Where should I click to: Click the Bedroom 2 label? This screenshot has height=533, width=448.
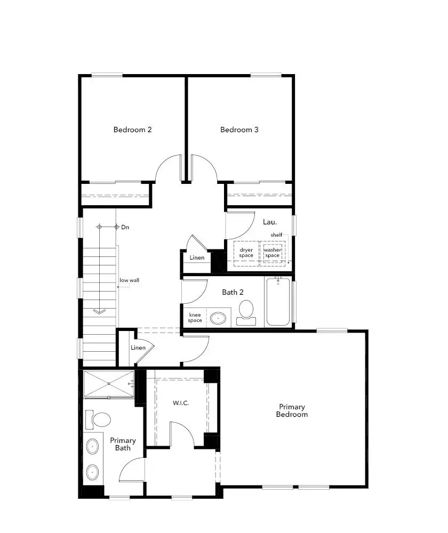point(133,130)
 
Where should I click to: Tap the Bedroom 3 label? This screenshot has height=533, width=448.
point(239,130)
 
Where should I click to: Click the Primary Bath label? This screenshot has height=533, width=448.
point(123,444)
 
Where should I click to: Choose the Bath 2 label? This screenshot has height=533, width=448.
point(233,292)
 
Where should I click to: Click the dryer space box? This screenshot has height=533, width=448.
point(246,253)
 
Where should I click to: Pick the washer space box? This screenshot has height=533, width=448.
point(273,253)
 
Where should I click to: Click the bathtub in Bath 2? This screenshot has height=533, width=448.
point(278,302)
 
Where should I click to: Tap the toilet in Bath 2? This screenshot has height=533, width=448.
point(246,311)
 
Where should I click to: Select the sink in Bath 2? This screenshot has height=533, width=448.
point(218,318)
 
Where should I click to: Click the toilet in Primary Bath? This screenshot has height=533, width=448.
point(98,419)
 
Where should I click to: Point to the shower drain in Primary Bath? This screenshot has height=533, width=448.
point(109,384)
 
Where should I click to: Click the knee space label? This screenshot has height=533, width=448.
point(195,318)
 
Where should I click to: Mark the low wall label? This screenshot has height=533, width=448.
point(130,280)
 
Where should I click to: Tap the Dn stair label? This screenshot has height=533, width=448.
point(125,227)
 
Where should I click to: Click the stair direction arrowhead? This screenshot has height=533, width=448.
point(99,311)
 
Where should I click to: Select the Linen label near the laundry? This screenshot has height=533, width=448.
point(197,258)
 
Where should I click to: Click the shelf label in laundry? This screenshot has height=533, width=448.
point(276,235)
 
